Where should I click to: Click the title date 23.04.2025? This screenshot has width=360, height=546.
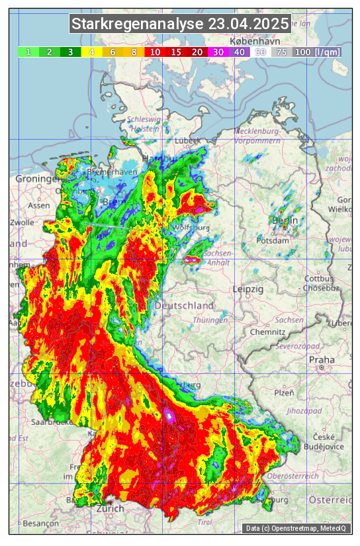248,24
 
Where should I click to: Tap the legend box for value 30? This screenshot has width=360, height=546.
217,52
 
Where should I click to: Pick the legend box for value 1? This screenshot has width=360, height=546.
28,52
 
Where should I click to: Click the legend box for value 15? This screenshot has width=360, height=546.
176,52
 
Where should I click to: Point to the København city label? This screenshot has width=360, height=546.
250,41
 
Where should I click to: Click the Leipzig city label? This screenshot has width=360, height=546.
248,290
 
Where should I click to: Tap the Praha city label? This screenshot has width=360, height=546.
318,359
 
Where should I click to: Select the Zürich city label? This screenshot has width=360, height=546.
110,508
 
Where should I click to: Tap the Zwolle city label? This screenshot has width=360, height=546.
22,222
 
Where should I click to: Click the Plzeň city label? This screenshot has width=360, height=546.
284,392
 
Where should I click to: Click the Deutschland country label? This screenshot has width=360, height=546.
184,306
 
